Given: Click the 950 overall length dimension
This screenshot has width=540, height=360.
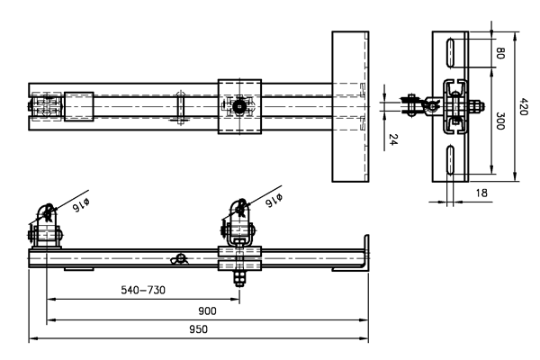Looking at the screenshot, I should tap(198, 329).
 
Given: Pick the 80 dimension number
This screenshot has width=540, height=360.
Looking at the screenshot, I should tap(499, 52).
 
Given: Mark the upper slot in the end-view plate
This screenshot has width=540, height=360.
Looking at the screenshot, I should tap(449, 56).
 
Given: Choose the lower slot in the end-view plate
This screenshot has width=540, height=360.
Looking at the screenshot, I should tap(449, 159).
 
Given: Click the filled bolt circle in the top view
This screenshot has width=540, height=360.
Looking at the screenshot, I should tap(239, 107).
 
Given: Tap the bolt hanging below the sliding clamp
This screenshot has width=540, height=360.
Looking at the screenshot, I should tap(239, 278).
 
